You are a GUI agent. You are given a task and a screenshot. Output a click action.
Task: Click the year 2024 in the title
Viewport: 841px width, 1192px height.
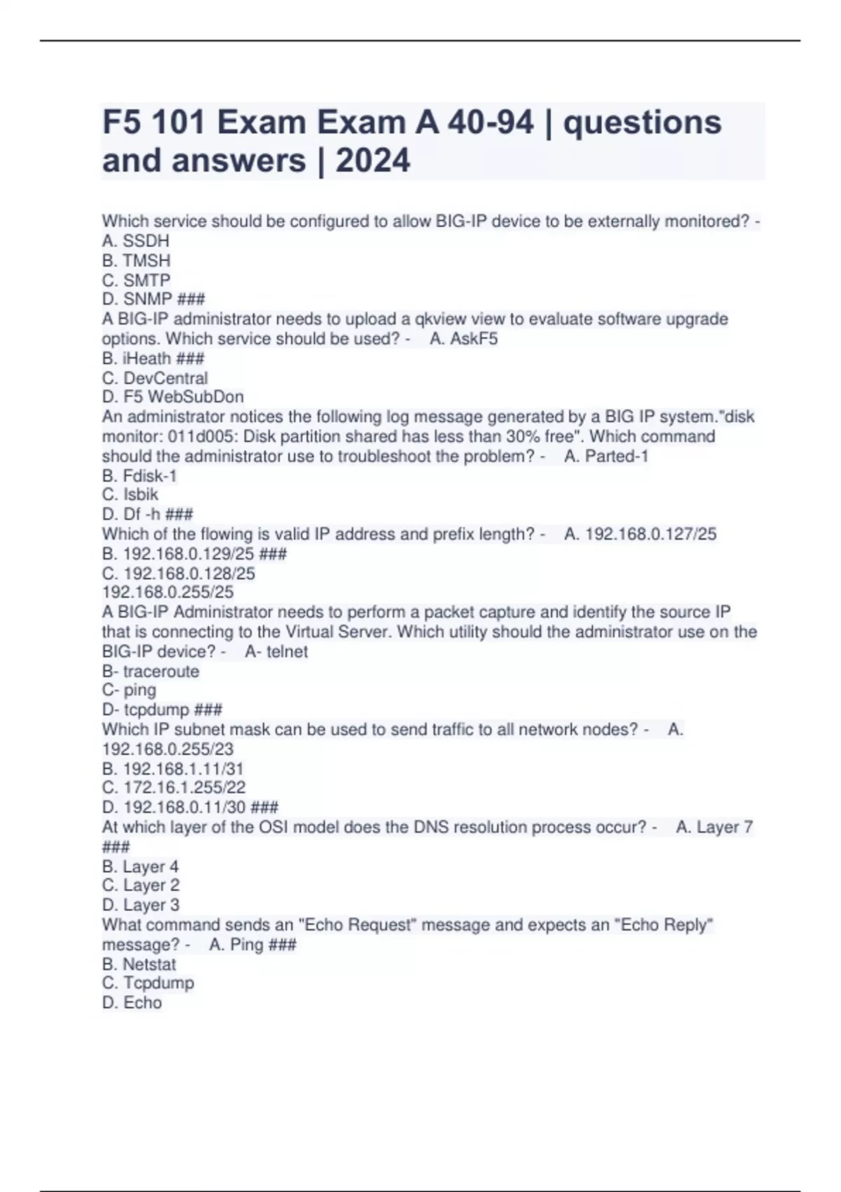(x=372, y=161)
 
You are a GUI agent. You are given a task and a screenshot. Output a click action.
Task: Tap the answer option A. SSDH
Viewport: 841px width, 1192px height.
(x=136, y=241)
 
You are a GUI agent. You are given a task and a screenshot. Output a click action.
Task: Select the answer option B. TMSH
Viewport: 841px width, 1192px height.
(x=137, y=261)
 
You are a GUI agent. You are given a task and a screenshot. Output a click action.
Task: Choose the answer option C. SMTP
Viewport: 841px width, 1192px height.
(x=137, y=280)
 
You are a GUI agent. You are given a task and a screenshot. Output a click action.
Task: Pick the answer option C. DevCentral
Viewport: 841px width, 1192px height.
(x=155, y=378)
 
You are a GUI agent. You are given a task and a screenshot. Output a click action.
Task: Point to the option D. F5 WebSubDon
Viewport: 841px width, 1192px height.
(x=173, y=397)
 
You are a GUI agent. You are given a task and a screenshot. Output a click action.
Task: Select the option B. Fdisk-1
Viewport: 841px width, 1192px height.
(x=139, y=476)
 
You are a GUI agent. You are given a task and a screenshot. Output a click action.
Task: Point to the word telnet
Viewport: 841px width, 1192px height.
(x=287, y=652)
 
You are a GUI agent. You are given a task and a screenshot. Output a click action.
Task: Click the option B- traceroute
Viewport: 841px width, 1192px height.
(x=151, y=672)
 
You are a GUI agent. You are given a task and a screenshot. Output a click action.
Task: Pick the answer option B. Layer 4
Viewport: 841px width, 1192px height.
(x=140, y=867)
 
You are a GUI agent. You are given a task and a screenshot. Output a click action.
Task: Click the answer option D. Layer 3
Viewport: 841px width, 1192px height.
(x=141, y=905)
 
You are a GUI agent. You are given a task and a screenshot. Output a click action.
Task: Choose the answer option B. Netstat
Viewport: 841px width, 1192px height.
(x=139, y=965)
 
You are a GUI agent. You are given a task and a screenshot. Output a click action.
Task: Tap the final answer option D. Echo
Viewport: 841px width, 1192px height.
(x=132, y=1003)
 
